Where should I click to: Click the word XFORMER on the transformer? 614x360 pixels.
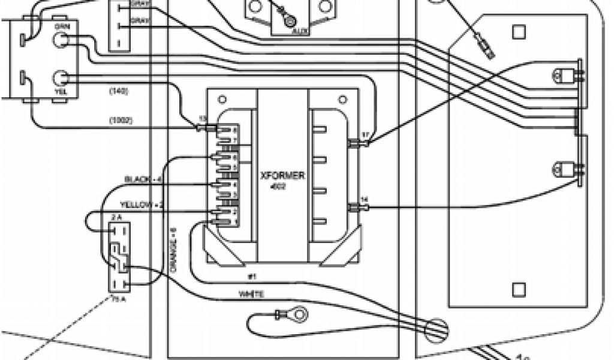282,176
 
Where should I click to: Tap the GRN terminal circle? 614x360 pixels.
61,40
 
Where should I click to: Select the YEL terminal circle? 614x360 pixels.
61,77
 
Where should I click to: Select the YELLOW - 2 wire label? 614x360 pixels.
142,205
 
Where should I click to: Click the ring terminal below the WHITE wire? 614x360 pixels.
296,313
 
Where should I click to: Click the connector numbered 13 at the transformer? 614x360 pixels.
204,127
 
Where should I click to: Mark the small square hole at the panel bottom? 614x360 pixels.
519,290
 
